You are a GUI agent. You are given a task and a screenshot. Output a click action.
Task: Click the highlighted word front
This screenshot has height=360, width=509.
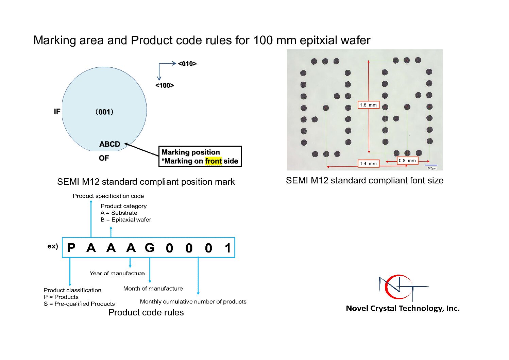213,161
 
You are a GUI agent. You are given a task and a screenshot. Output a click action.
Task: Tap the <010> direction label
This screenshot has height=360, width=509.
187,64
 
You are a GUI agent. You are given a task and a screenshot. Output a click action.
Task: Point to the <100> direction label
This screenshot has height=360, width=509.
165,85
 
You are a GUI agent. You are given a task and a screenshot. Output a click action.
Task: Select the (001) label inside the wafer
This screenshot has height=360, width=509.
104,112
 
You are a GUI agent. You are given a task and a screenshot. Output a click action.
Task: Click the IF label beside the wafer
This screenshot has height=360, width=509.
57,111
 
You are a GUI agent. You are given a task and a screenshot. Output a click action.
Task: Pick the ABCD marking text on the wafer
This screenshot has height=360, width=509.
109,144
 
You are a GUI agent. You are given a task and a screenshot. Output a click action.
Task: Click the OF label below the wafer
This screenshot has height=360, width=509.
104,158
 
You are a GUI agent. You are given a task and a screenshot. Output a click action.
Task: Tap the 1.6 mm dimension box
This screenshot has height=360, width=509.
368,105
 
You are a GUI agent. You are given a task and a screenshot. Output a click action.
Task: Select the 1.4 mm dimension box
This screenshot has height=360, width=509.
368,164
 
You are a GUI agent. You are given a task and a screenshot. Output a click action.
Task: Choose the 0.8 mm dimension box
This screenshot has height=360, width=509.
407,160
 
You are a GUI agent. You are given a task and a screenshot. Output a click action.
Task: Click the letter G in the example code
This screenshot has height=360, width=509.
150,248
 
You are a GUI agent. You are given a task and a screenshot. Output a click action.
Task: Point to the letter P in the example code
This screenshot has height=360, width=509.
71,248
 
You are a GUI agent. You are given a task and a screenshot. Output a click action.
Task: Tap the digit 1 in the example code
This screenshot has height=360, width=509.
228,248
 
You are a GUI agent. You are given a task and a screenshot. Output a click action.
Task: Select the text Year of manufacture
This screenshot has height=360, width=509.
117,273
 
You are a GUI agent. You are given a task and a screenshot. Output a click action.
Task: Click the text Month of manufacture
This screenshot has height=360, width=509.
153,289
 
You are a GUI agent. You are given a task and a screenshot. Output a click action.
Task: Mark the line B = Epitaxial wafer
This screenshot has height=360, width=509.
126,220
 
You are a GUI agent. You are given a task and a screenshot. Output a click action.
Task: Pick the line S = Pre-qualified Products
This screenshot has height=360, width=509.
79,304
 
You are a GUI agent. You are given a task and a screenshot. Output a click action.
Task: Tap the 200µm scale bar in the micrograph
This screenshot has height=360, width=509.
431,166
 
